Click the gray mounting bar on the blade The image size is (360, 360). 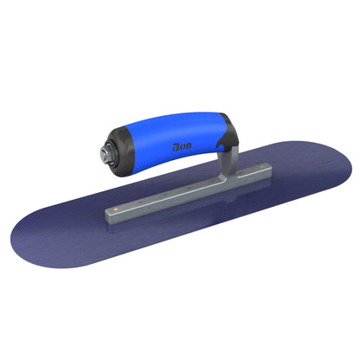pos(182,190)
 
